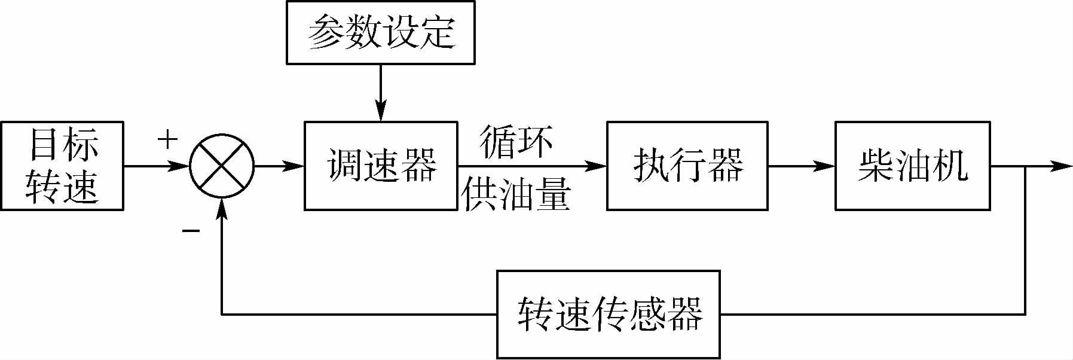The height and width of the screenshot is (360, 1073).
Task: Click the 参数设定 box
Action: point(381,32)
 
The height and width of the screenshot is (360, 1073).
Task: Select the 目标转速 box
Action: point(62,166)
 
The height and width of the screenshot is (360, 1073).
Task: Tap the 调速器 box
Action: point(381,166)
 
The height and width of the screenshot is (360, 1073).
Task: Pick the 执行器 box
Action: point(687,166)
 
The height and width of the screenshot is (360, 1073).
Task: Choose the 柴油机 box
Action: point(912,166)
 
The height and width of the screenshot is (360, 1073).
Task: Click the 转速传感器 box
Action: point(609,314)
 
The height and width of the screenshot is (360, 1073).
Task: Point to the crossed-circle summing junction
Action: point(222,166)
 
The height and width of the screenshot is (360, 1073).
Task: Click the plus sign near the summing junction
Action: point(168,139)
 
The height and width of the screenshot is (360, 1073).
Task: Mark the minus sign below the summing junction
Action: point(191,231)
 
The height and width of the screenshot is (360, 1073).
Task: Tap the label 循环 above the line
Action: point(516,142)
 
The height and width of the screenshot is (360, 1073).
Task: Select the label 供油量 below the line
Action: point(516,194)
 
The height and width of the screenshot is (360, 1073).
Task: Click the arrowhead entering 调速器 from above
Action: point(381,113)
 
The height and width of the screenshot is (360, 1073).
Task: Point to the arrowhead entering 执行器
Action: point(597,166)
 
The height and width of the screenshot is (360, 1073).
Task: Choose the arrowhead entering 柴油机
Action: point(825,166)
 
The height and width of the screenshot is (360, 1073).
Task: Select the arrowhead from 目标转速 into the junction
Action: point(179,166)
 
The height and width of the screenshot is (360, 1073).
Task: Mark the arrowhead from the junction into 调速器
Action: point(294,166)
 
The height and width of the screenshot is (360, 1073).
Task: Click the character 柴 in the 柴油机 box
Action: point(876,166)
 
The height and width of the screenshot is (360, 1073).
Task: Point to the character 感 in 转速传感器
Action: point(647,314)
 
